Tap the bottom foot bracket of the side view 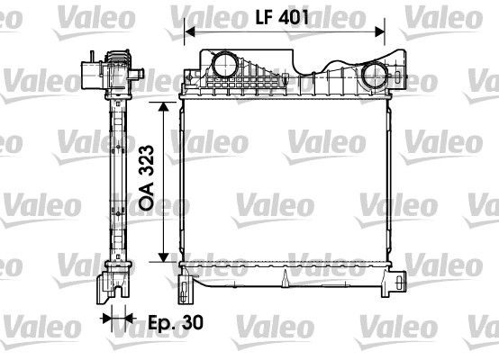point(112,285)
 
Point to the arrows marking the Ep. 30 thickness point(116,318)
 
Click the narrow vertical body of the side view point(117,180)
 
